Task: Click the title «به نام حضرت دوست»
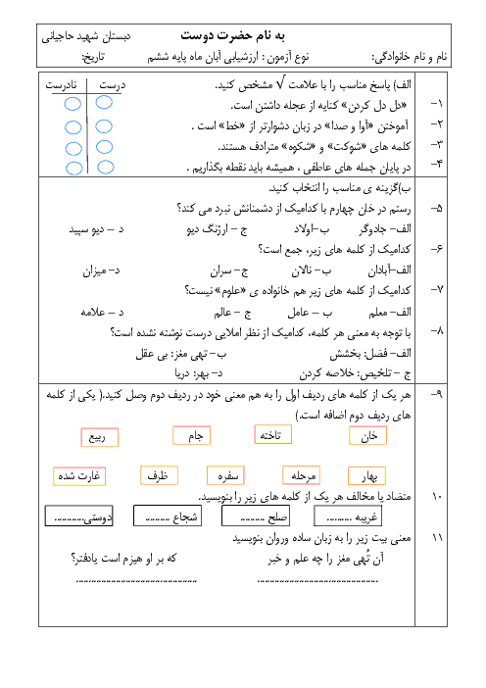(x=233, y=35)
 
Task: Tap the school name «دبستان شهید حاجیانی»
(x=86, y=37)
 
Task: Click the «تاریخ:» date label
(x=93, y=57)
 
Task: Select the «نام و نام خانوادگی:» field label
(x=410, y=57)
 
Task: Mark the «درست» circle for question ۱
(x=104, y=103)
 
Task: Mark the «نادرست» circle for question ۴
(x=73, y=168)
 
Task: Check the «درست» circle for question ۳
(x=105, y=147)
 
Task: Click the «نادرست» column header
(x=61, y=84)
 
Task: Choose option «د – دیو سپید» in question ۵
(x=96, y=229)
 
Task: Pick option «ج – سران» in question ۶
(x=228, y=270)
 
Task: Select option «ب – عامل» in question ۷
(x=310, y=313)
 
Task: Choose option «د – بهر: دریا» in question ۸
(x=199, y=373)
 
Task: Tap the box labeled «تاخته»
(x=272, y=435)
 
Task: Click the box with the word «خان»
(x=368, y=436)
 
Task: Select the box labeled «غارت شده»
(x=79, y=476)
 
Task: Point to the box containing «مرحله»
(x=302, y=475)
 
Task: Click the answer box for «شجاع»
(x=168, y=516)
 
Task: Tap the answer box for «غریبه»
(x=348, y=516)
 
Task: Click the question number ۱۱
(x=437, y=537)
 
